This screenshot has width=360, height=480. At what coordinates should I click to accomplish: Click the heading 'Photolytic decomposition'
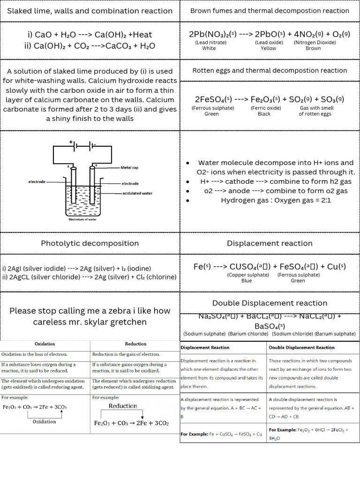click(90, 243)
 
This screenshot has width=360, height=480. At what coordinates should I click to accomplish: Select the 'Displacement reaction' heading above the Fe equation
click(270, 243)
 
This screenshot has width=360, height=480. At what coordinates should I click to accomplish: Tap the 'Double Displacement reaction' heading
click(270, 303)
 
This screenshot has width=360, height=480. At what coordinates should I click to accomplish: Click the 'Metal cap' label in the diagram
click(129, 167)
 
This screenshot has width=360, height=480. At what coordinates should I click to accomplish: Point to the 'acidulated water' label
click(137, 193)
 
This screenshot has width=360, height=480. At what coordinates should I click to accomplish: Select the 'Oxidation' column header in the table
click(45, 344)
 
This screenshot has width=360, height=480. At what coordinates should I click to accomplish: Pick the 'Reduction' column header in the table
click(135, 344)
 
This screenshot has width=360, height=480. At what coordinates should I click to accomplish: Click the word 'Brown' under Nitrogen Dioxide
click(313, 48)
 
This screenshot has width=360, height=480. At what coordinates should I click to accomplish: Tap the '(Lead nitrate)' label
click(210, 42)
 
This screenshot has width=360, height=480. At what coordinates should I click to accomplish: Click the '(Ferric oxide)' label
click(266, 108)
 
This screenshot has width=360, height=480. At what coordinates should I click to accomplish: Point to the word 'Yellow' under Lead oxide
click(269, 48)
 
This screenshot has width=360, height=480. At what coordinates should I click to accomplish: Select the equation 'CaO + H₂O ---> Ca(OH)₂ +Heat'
click(90, 35)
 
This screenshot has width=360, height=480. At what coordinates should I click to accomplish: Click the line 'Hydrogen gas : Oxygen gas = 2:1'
click(276, 200)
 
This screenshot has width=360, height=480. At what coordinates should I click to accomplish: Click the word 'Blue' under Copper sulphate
click(247, 281)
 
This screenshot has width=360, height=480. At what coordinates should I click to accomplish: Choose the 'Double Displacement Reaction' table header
click(301, 348)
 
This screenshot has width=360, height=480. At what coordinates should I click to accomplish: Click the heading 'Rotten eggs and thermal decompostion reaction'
click(270, 71)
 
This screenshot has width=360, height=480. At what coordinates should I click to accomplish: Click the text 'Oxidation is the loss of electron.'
click(34, 354)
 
